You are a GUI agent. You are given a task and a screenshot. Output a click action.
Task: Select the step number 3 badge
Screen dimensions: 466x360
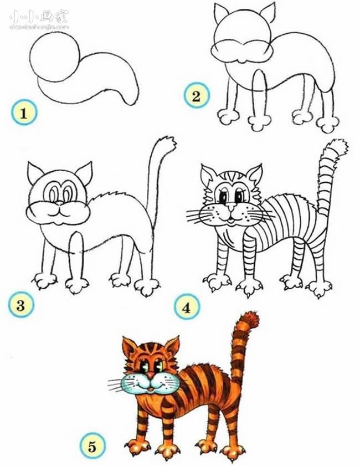click(x=20, y=304)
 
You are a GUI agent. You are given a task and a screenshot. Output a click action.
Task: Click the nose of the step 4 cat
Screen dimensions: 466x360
click(x=229, y=209)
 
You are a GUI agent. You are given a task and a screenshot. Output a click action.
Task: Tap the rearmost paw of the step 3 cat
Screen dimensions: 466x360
click(x=147, y=287)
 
